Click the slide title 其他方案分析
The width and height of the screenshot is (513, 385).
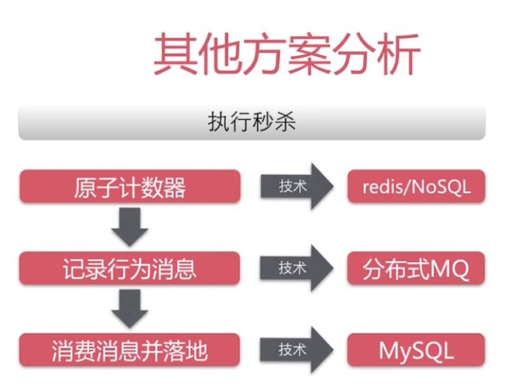coord(287,54)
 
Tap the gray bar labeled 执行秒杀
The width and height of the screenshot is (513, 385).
coord(252,122)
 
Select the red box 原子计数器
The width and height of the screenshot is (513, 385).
coord(130,186)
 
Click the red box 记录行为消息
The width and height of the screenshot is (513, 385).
coord(129,268)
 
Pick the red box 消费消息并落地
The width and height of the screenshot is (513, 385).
coord(129,350)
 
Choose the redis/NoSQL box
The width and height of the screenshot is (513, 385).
coord(416,186)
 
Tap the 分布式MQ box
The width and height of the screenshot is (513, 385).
coord(416,268)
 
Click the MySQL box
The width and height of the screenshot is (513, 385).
coord(416,350)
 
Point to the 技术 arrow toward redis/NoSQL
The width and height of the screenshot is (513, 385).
coord(297,186)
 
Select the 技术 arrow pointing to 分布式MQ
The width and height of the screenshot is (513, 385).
coord(297,268)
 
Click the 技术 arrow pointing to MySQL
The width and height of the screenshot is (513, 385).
coord(297,350)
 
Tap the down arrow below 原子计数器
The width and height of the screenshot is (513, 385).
coord(130,227)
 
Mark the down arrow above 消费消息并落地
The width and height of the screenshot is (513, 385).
coord(130,308)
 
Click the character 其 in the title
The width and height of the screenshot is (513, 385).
coord(176,54)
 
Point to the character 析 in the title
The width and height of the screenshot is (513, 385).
coord(399,54)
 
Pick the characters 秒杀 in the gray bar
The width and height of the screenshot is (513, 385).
coord(274,122)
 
